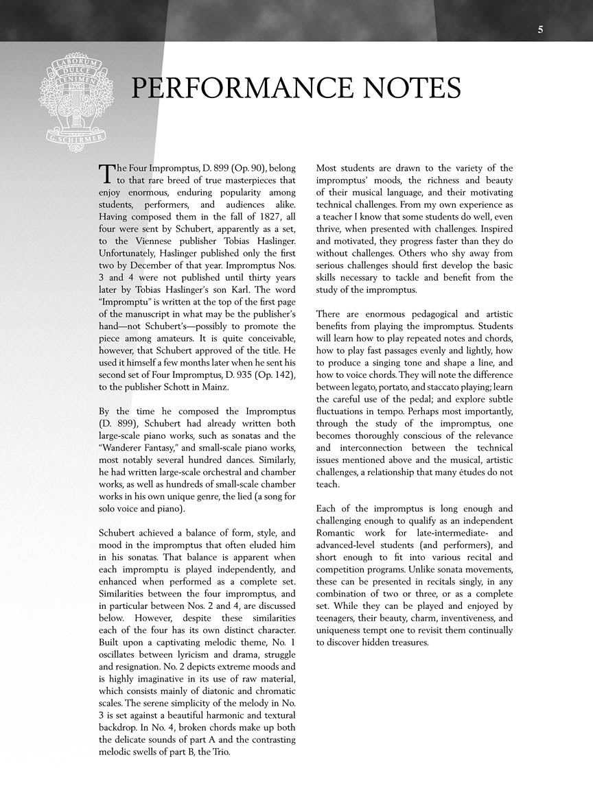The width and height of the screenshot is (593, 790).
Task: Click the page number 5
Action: pos(541,29)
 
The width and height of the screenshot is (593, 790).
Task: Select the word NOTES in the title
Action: pos(407,89)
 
